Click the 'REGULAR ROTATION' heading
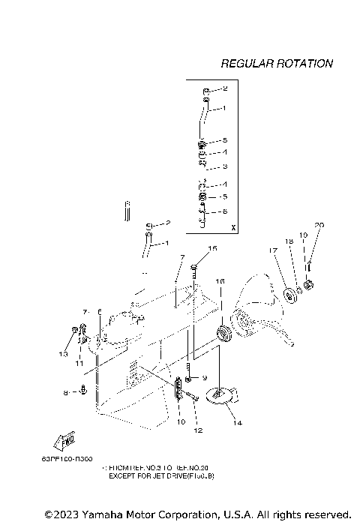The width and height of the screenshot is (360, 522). click(x=277, y=64)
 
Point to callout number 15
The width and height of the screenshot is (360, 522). click(x=212, y=248)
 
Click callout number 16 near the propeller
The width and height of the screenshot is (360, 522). click(x=220, y=280)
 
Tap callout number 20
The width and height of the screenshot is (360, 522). click(x=319, y=225)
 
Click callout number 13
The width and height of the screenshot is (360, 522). click(x=63, y=352)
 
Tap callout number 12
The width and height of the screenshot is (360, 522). click(x=198, y=430)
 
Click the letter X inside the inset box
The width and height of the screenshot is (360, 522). click(x=233, y=226)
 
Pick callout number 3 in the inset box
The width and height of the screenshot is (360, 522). click(x=224, y=166)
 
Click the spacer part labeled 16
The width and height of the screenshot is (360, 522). click(x=222, y=331)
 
